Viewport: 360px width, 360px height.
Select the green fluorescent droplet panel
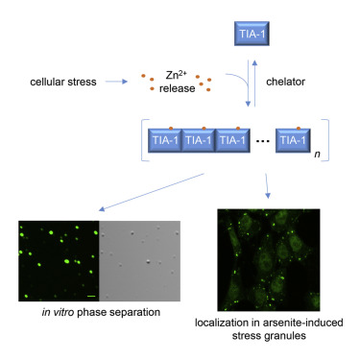point(59,261)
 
